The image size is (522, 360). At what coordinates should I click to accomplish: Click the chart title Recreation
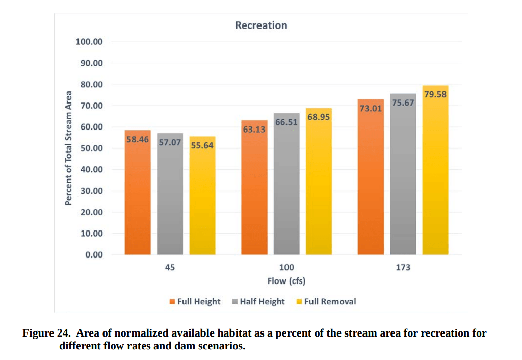pyautogui.click(x=261, y=25)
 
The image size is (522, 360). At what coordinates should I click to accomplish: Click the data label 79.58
pyautogui.click(x=435, y=94)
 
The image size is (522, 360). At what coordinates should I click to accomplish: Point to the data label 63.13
pyautogui.click(x=254, y=130)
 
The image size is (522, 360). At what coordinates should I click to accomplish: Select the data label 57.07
pyautogui.click(x=170, y=142)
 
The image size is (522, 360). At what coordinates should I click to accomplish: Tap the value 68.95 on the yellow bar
pyautogui.click(x=319, y=118)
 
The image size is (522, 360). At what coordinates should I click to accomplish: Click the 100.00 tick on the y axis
pyautogui.click(x=89, y=42)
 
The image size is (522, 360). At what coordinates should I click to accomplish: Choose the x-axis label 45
pyautogui.click(x=170, y=267)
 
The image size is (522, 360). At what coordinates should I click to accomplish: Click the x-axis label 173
pyautogui.click(x=403, y=267)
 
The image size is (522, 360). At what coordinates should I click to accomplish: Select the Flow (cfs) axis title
pyautogui.click(x=286, y=281)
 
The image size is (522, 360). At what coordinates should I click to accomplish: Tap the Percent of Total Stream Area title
pyautogui.click(x=68, y=148)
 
